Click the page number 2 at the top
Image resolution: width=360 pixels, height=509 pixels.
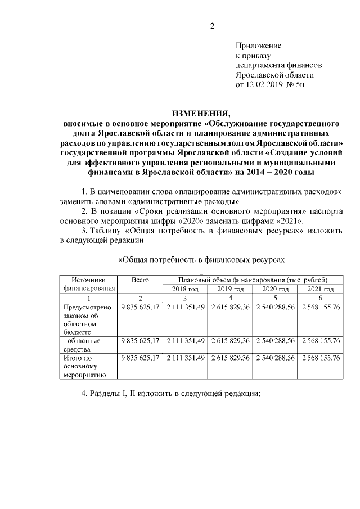point(213,25)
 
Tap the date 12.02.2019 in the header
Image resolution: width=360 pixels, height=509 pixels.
point(267,85)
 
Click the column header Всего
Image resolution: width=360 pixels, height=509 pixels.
point(139,280)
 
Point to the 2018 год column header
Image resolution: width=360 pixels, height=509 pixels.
point(185,289)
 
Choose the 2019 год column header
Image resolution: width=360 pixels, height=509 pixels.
point(230,289)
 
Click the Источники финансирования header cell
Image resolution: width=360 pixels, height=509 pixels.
point(87,284)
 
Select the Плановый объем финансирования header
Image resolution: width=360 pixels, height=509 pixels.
point(253,280)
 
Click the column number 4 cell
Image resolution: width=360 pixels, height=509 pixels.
point(230,298)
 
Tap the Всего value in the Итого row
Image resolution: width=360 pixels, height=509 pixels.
point(139,358)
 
